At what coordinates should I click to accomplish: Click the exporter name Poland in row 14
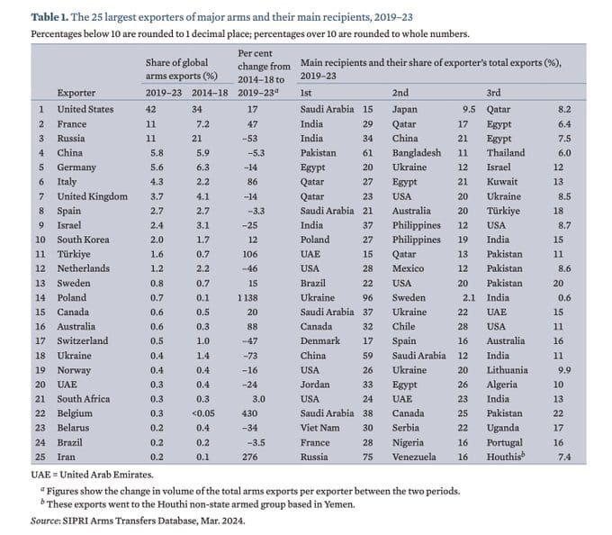tap(71, 297)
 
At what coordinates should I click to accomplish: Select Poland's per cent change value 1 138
tap(247, 297)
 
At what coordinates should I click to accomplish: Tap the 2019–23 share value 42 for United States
tap(150, 109)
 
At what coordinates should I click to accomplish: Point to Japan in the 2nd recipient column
tap(405, 109)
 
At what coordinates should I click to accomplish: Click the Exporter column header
tap(76, 93)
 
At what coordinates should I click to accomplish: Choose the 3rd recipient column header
tap(493, 93)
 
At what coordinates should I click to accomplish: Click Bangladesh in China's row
tap(417, 153)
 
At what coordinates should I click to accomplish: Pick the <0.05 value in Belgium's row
tap(203, 413)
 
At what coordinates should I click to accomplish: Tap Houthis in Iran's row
tap(506, 456)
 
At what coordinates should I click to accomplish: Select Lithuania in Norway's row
tap(507, 370)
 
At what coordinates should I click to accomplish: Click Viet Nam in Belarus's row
tap(319, 428)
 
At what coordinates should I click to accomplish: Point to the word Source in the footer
tap(45, 521)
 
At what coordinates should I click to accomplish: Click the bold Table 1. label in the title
tap(49, 17)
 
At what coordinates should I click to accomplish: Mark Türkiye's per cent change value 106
tap(250, 254)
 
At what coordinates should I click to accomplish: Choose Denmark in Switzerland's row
tap(320, 341)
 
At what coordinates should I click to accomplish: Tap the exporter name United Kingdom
tap(92, 196)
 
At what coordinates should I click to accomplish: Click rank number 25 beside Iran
tap(40, 457)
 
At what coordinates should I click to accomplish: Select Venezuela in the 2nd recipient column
tap(414, 457)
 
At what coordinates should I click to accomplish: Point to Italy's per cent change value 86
tap(252, 182)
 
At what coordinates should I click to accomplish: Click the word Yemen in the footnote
tap(341, 504)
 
